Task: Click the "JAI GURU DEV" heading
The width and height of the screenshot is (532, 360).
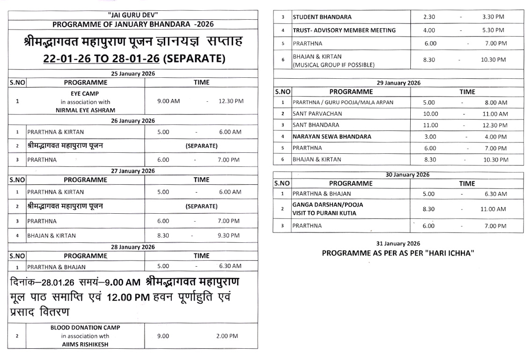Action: pos(133,15)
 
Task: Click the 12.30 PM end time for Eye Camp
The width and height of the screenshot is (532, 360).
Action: pos(231,101)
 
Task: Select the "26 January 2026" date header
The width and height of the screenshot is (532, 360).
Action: pos(133,121)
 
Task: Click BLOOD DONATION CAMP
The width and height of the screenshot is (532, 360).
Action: pos(85,328)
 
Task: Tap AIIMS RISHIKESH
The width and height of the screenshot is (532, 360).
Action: pos(85,344)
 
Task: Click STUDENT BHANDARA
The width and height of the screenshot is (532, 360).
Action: pos(322,17)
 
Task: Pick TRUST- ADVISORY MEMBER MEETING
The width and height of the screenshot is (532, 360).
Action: pos(344,30)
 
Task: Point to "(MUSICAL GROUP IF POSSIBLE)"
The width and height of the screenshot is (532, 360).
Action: pos(333,64)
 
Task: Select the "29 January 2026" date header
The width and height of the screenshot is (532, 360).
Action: pos(399,83)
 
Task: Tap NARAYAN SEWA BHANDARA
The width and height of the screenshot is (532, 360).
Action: pos(332,137)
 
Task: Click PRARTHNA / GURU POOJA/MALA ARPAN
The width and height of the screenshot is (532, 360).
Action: pos(343,103)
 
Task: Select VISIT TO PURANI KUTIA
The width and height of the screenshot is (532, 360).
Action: pos(324,213)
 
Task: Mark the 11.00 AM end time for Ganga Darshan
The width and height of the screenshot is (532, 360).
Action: pos(493,209)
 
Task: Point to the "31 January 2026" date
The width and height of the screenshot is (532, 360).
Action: pos(398,243)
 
